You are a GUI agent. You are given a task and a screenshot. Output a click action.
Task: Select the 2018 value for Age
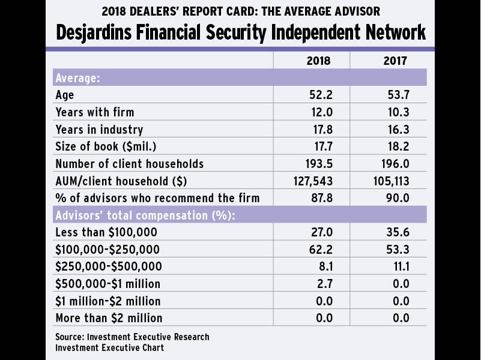click(x=319, y=95)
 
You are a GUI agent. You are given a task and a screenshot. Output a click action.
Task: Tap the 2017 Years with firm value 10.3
click(x=396, y=112)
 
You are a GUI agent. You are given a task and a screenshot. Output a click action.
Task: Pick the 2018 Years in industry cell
click(x=319, y=130)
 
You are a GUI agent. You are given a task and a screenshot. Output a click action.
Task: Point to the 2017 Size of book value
click(x=396, y=147)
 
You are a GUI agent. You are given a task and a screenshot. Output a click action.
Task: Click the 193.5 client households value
click(x=317, y=164)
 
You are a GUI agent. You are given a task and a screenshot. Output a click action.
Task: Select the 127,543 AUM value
click(x=312, y=181)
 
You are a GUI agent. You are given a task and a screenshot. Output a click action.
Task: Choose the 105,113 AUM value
click(x=389, y=181)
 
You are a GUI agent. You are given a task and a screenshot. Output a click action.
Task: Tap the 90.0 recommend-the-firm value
click(x=396, y=198)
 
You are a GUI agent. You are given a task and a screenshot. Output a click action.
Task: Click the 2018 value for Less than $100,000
click(x=319, y=232)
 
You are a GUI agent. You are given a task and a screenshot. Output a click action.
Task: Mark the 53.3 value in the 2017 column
click(x=396, y=249)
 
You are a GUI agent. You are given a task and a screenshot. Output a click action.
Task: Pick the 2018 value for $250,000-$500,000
click(x=322, y=266)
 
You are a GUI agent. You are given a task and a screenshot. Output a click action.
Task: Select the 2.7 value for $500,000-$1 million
click(x=322, y=283)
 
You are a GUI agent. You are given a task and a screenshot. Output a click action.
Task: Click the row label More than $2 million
click(x=109, y=317)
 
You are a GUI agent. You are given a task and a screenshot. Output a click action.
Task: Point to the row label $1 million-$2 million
click(x=108, y=301)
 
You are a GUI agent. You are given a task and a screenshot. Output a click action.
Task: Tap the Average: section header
click(x=77, y=78)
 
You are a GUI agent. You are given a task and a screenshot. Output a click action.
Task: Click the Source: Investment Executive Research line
click(x=132, y=337)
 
